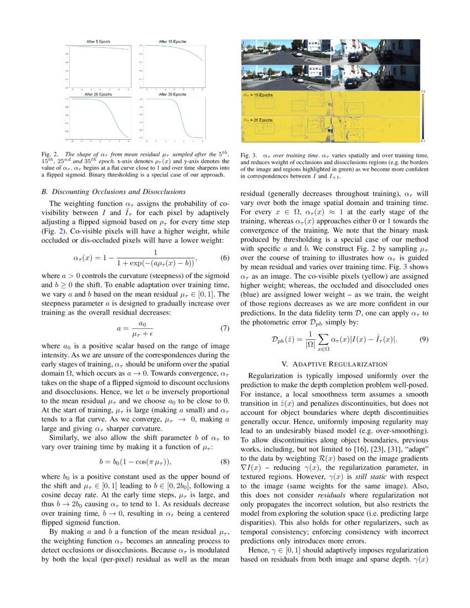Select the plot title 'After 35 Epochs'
pos(173,95)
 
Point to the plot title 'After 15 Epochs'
pos(173,41)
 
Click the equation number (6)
pos(224,258)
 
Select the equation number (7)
pos(224,328)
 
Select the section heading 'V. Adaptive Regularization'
pos(335,364)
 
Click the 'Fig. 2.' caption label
pos(49,154)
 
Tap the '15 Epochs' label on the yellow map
pos(260,95)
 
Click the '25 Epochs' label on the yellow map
pos(260,119)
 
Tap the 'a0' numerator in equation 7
pos(142,323)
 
